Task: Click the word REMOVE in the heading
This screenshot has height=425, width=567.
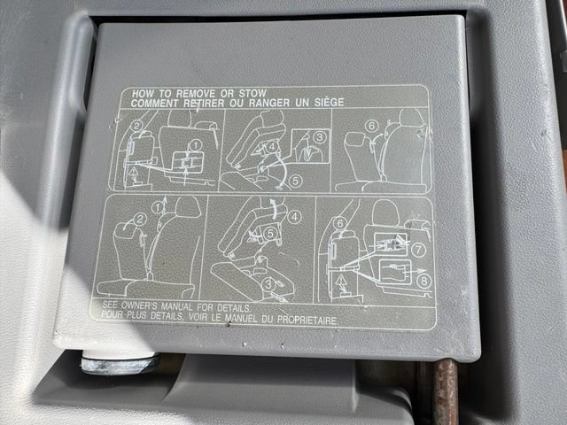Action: pyautogui.click(x=196, y=94)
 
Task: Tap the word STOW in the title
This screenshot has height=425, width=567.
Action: pyautogui.click(x=252, y=92)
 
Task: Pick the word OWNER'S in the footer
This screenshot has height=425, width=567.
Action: pyautogui.click(x=139, y=305)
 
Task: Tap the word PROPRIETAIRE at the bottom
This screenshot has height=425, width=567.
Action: pyautogui.click(x=307, y=320)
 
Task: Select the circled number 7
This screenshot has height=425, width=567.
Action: pyautogui.click(x=419, y=250)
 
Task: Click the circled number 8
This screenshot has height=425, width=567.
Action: pyautogui.click(x=423, y=281)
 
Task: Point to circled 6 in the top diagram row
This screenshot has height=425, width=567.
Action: pyautogui.click(x=371, y=126)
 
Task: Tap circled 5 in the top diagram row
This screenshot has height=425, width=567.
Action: pyautogui.click(x=295, y=181)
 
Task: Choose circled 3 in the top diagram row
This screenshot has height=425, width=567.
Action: pyautogui.click(x=319, y=137)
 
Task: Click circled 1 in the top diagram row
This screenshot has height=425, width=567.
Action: pyautogui.click(x=195, y=145)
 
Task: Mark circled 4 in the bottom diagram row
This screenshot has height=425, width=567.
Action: pyautogui.click(x=294, y=217)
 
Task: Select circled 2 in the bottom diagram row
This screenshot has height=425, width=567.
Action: pyautogui.click(x=140, y=219)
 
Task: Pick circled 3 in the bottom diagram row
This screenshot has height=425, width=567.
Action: pyautogui.click(x=268, y=284)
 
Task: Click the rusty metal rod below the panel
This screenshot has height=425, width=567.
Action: pyautogui.click(x=446, y=392)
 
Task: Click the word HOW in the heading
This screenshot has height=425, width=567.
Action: pyautogui.click(x=140, y=94)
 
